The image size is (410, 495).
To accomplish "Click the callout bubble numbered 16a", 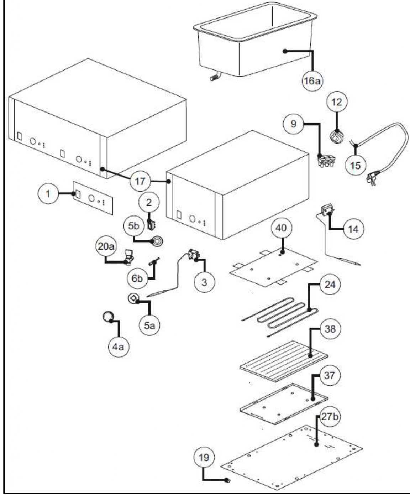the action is pos(312,81).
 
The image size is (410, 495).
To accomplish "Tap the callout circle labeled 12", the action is pos(337,102).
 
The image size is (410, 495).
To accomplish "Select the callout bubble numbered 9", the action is pos(293,124).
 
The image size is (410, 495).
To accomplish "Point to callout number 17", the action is pos(140,181).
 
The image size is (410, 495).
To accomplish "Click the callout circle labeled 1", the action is pos(48,193).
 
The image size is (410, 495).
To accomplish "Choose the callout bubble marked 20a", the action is pos(106,246).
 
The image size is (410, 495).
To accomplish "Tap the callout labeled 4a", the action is pos(119,347).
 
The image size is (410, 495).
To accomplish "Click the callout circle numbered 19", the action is pos(204,458).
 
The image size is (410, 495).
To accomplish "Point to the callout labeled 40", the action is pos(281,228).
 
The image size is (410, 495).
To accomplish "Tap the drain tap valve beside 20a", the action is pos(129,257).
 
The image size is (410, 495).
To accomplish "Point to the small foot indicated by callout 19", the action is pos(227,481).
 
